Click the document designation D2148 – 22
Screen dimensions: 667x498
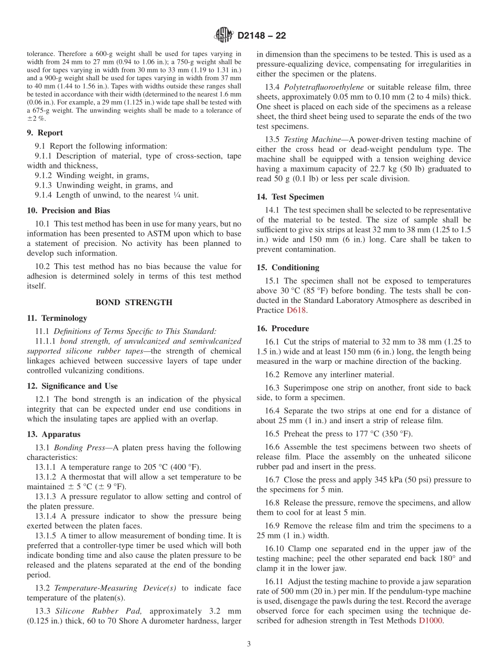point(262,36)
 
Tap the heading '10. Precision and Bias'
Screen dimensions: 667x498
point(68,211)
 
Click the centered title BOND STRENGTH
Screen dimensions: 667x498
point(134,303)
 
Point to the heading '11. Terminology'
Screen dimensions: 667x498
point(57,318)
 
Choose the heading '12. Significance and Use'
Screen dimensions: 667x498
point(72,386)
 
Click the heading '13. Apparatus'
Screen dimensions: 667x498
point(53,435)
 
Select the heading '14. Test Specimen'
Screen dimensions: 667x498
point(290,197)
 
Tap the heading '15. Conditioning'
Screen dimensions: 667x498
point(288,267)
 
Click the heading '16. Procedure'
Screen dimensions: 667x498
point(283,329)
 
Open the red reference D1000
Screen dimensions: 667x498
point(431,621)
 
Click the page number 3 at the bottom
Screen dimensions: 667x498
point(248,644)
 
